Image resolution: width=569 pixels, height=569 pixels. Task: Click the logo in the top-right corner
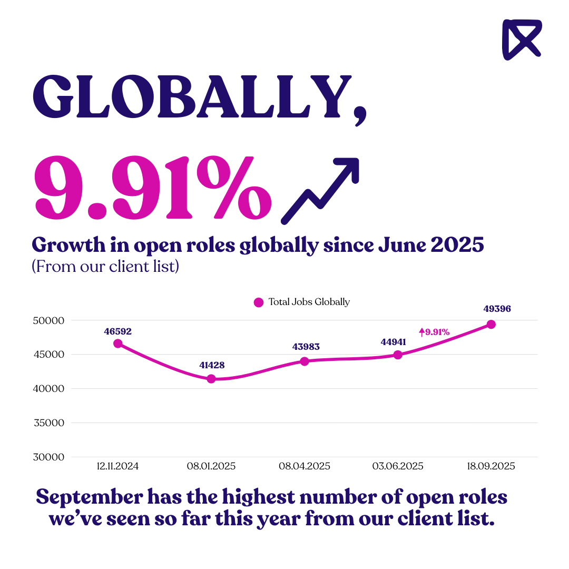pos(521,39)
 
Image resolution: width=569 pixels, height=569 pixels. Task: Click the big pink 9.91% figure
pos(153,189)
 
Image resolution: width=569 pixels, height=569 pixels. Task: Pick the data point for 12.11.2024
pos(118,344)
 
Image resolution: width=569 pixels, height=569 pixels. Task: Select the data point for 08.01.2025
pos(211,379)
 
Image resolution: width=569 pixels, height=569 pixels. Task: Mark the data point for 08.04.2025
pos(305,361)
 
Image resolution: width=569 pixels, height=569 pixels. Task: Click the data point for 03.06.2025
pos(398,355)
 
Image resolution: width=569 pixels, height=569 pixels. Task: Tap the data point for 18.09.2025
pos(491,325)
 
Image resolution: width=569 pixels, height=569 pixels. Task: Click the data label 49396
pos(497,309)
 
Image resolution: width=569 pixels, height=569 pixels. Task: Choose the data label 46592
pos(117,331)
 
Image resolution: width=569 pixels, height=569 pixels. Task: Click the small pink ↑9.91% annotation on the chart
pos(434,332)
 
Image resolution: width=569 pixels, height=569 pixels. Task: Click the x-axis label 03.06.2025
pos(398,466)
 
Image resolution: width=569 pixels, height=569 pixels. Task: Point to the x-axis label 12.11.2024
pos(118,466)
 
